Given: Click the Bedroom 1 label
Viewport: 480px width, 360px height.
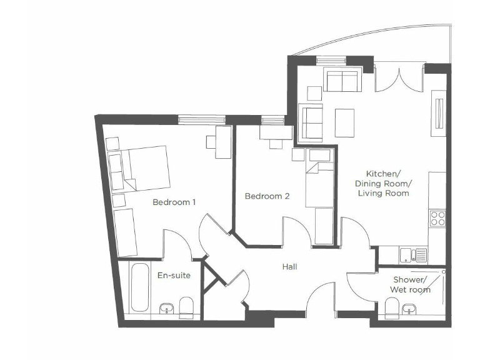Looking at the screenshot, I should pos(174,202).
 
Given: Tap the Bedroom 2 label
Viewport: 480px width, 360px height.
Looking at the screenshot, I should pos(267,196).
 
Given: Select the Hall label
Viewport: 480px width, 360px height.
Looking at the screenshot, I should pos(289,267).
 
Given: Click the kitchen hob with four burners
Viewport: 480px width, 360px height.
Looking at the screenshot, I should pos(437,218).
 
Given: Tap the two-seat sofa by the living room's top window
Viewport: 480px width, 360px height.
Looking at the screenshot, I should pos(341,81).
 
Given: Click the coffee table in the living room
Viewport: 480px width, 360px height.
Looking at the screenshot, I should pos(344,123).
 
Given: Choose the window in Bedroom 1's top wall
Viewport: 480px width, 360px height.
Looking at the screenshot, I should pos(193,119).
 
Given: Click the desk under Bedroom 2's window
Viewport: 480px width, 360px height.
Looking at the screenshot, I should pos(275,133).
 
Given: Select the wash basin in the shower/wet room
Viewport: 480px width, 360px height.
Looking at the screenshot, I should pos(410,309).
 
